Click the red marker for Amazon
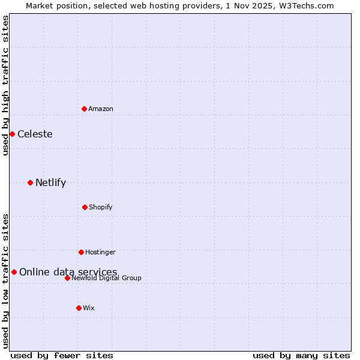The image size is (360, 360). pos(84,109)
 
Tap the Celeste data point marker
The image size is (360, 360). pos(12,134)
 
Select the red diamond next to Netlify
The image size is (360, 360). pos(30,182)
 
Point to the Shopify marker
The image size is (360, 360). pos(85,207)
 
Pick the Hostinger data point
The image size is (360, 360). pos(81,252)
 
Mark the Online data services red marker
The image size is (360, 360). pos(14,272)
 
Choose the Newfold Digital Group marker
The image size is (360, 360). pos(67,278)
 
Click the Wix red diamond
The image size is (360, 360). pos(79,308)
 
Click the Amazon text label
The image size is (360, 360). pos(101,109)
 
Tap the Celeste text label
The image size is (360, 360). pos(35,134)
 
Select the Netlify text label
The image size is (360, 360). pos(50,182)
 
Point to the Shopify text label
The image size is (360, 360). pos(101,207)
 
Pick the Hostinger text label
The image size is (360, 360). pos(100,252)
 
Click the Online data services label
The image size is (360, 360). pos(68,272)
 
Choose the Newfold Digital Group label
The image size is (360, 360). pos(106,278)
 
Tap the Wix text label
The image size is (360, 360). pos(89,308)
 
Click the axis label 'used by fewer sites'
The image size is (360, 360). pos(62,356)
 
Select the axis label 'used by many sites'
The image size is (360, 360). pos(301,356)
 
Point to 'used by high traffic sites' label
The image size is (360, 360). pos(5,85)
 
